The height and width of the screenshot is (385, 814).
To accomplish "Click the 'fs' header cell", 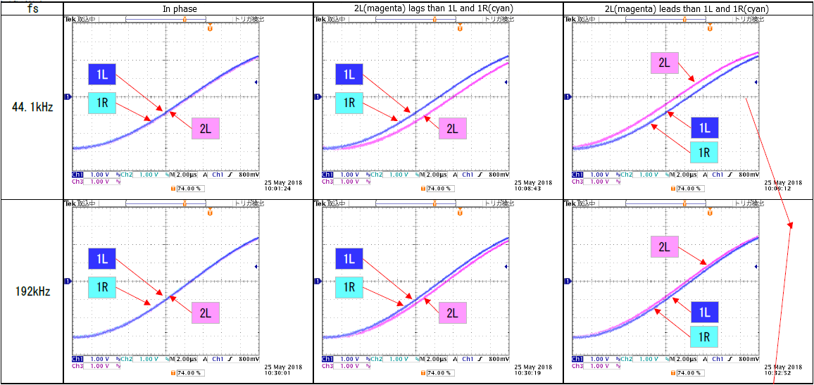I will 32,8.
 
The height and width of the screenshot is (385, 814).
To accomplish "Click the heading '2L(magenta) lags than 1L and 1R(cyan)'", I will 437,8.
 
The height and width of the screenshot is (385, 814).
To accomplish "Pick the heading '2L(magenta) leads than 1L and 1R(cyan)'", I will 687,8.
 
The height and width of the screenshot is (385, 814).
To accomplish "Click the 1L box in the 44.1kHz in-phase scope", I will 103,74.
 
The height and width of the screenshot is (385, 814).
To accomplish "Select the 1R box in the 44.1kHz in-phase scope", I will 103,103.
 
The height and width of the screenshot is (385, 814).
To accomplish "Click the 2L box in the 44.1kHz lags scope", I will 453,128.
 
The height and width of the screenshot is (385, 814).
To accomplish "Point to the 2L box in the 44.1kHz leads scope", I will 663,63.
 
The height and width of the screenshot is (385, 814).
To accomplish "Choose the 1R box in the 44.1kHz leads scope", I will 703,152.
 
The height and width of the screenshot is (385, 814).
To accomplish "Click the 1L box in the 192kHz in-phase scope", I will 103,258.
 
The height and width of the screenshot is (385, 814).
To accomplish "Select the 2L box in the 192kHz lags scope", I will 453,313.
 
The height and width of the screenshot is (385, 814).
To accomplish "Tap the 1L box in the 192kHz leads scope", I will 703,313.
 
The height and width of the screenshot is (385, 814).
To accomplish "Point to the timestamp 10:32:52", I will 778,373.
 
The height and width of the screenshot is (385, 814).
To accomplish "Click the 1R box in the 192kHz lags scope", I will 349,286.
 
